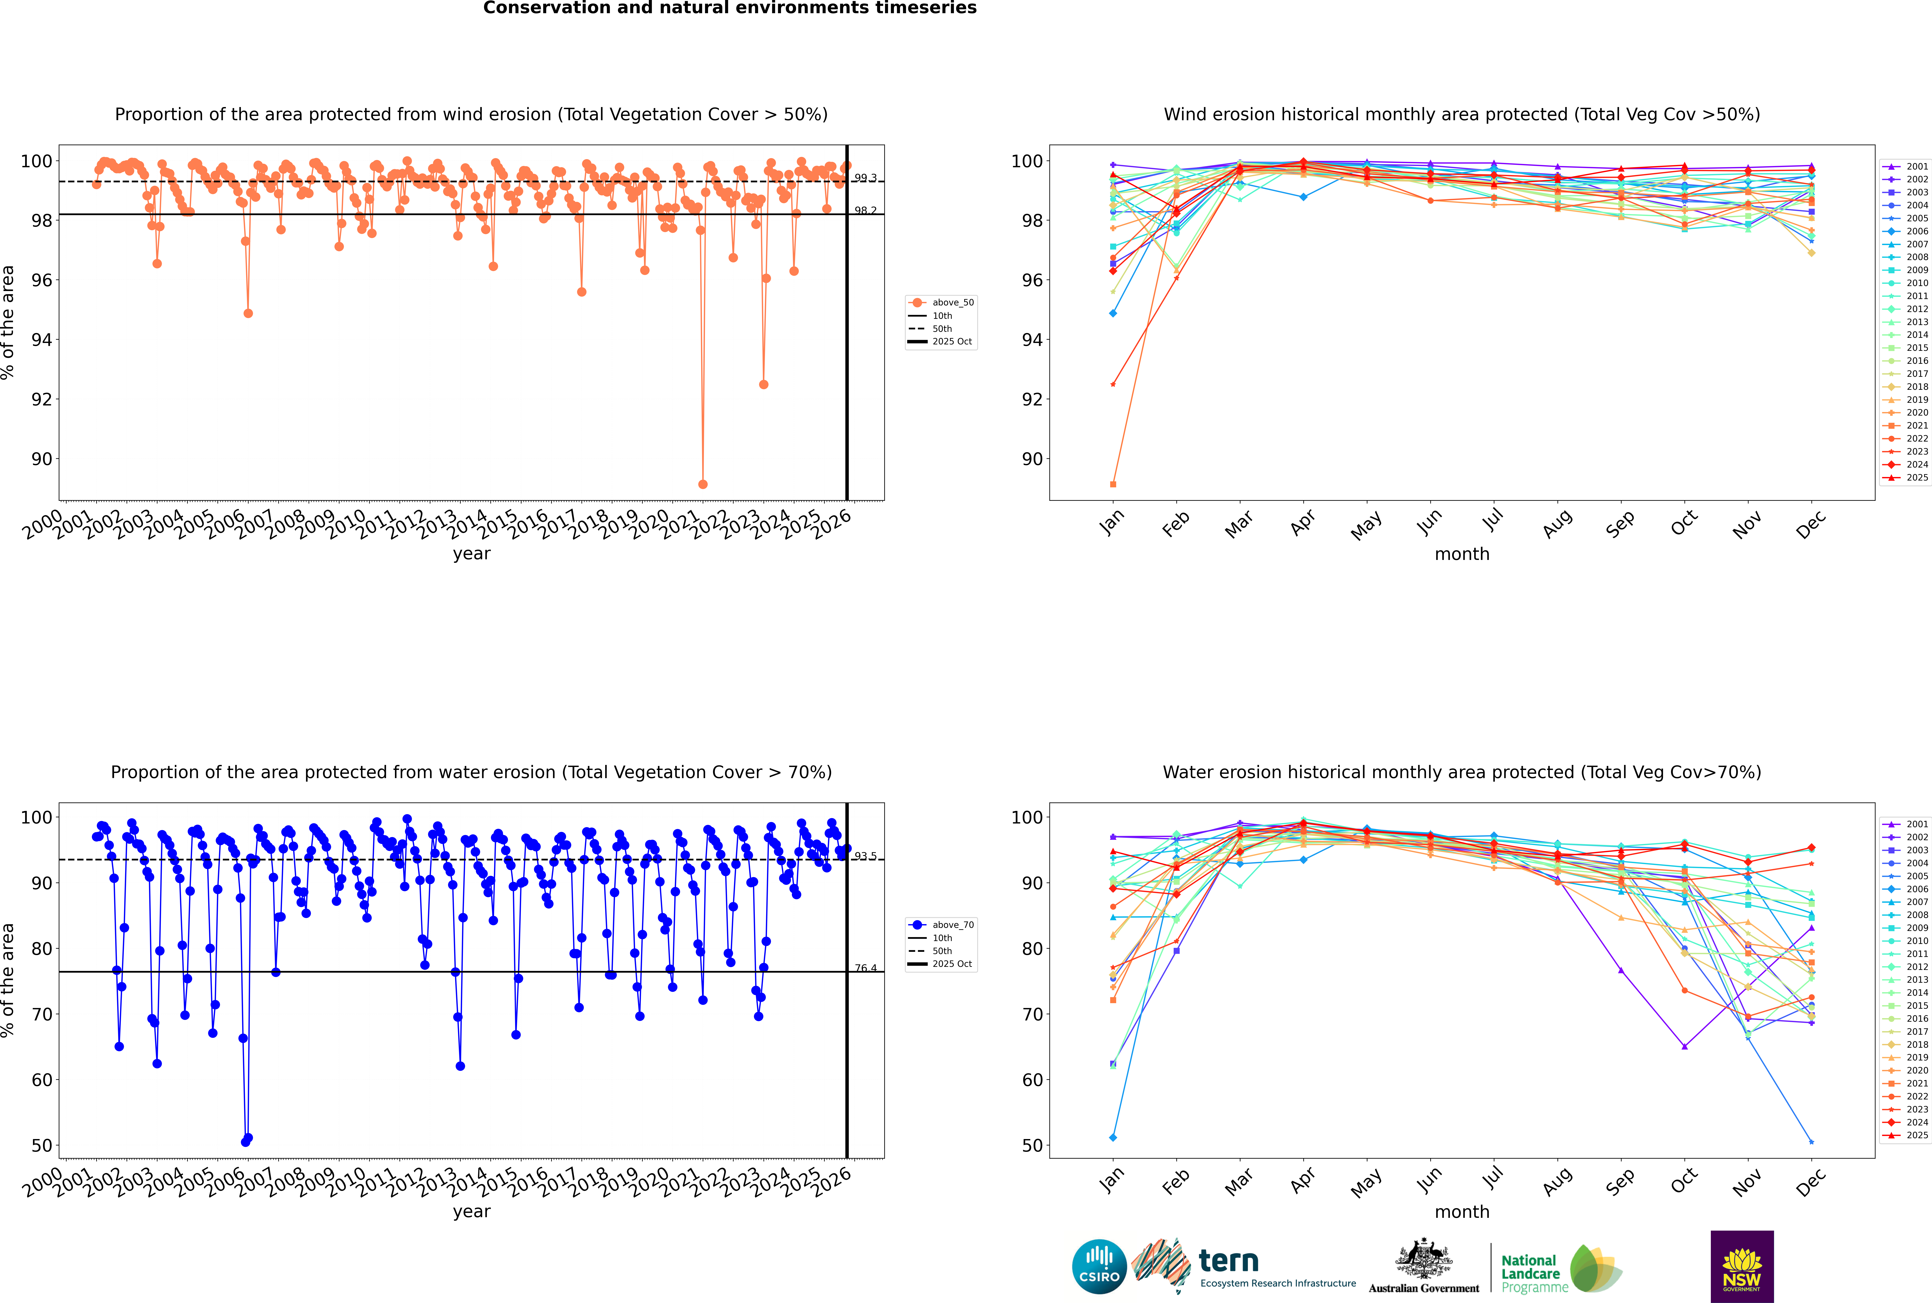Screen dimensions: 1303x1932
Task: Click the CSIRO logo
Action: coord(1099,1266)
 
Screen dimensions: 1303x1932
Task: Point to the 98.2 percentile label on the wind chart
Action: coord(866,211)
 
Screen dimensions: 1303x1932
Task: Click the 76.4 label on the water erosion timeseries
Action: coord(866,968)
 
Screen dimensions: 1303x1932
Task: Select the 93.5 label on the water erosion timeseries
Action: coord(866,856)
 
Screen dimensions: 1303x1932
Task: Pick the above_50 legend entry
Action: coord(942,303)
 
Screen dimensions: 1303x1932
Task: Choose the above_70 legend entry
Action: coord(942,925)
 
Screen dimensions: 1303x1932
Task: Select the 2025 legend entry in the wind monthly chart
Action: coord(1907,478)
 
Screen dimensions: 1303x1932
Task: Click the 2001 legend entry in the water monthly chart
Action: coord(1907,824)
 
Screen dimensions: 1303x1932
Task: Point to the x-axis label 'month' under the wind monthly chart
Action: coord(1462,554)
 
